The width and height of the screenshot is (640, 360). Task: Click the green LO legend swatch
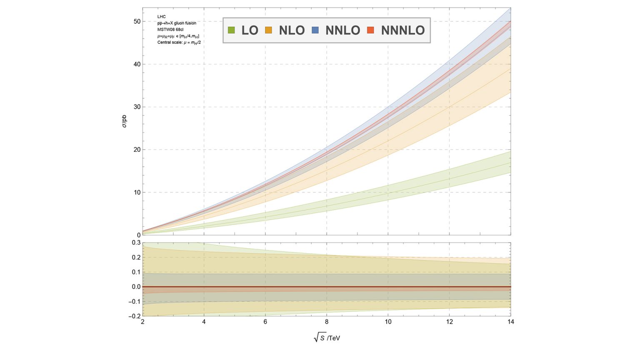pyautogui.click(x=232, y=30)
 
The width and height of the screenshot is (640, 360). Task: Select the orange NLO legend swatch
pyautogui.click(x=268, y=30)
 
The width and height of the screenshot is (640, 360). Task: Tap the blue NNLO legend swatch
pyautogui.click(x=315, y=30)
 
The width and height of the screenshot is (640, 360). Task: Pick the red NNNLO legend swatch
pyautogui.click(x=370, y=30)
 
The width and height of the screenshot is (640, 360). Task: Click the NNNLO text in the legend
pyautogui.click(x=402, y=30)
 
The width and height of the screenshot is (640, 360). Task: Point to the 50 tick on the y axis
pyautogui.click(x=137, y=21)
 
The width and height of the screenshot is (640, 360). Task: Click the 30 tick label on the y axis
pyautogui.click(x=137, y=107)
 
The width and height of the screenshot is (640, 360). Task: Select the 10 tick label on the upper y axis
pyautogui.click(x=137, y=192)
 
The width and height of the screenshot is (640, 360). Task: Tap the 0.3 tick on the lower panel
pyautogui.click(x=136, y=242)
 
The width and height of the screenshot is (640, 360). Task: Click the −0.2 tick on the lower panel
pyautogui.click(x=135, y=316)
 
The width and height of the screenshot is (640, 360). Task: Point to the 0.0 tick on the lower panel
pyautogui.click(x=136, y=287)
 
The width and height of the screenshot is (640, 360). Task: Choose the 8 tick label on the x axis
pyautogui.click(x=327, y=322)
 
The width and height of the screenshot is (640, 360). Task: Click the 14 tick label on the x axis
pyautogui.click(x=510, y=322)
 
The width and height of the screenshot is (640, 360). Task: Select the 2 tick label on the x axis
pyautogui.click(x=142, y=322)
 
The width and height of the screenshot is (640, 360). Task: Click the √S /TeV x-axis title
pyautogui.click(x=327, y=337)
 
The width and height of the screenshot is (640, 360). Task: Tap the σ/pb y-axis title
pyautogui.click(x=125, y=120)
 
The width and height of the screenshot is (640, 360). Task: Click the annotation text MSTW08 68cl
pyautogui.click(x=170, y=30)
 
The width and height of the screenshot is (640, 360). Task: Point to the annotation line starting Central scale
pyautogui.click(x=179, y=42)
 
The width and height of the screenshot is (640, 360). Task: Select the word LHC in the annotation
pyautogui.click(x=161, y=17)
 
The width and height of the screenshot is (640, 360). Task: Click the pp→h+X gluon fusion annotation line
pyautogui.click(x=177, y=23)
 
